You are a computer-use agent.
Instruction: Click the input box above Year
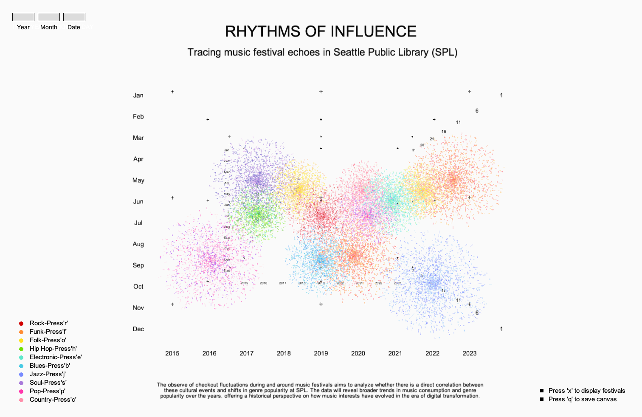[23, 17]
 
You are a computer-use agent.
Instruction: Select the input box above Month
[49, 17]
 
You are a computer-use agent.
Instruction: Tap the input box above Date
[74, 17]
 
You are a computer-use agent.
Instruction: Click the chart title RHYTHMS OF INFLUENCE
[321, 31]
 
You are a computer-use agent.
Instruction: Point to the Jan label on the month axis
[138, 96]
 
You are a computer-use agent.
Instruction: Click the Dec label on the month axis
[138, 329]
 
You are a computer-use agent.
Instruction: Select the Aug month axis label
[138, 244]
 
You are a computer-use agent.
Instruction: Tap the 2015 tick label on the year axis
[172, 353]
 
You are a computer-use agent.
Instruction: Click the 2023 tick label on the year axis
[470, 353]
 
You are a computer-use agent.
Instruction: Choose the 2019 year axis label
[321, 353]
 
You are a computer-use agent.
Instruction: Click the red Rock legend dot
[21, 324]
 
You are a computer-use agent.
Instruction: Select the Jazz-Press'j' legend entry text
[48, 374]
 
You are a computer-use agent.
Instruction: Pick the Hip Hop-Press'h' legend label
[53, 349]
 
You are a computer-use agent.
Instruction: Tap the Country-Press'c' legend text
[53, 400]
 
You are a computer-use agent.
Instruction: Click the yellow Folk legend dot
[21, 341]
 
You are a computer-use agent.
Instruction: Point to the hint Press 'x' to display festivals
[586, 391]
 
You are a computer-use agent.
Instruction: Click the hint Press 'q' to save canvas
[582, 399]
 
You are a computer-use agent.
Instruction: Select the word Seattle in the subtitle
[349, 52]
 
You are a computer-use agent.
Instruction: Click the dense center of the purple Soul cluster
[257, 180]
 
